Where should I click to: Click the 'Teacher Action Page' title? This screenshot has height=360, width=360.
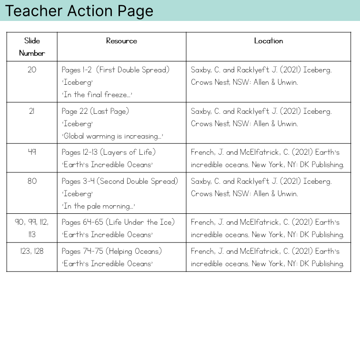[79, 11]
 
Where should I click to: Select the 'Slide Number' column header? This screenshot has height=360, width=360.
[32, 47]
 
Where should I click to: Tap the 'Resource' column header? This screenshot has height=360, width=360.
[121, 41]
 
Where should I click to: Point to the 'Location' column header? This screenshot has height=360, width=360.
[268, 41]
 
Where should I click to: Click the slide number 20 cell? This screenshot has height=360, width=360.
[32, 70]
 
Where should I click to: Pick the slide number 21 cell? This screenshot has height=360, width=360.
[32, 111]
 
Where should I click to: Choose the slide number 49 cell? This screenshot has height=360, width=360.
[32, 152]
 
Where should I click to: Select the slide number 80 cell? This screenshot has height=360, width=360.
[32, 181]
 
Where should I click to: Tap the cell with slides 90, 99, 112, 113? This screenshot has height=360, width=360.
[32, 228]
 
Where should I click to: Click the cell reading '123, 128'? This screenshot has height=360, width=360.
[32, 251]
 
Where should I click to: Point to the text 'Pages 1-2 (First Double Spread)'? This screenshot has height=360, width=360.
[115, 70]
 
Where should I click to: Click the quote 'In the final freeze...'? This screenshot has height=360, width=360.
[97, 95]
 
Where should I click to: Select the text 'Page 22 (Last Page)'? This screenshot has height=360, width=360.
[95, 111]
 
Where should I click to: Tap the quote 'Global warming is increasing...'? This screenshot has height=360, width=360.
[112, 136]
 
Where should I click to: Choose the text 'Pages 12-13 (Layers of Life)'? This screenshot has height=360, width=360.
[109, 152]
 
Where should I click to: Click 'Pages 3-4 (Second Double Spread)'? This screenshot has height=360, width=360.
[120, 181]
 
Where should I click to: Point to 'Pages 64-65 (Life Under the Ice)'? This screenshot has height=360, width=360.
[118, 222]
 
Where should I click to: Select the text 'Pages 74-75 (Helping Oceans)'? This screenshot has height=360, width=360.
[112, 251]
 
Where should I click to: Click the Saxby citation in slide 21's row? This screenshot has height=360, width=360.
[261, 118]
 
